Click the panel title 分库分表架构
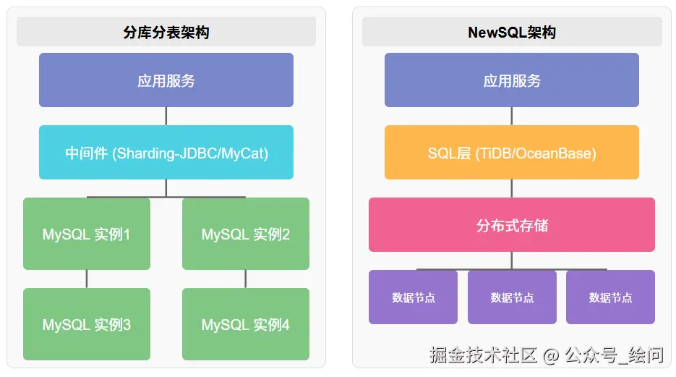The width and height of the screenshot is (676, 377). pyautogui.click(x=166, y=33)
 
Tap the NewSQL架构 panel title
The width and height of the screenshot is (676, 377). pyautogui.click(x=512, y=33)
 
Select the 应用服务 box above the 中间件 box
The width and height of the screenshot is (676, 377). pyautogui.click(x=166, y=80)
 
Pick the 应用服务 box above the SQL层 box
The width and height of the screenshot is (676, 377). pyautogui.click(x=512, y=80)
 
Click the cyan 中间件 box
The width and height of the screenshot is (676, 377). pyautogui.click(x=166, y=153)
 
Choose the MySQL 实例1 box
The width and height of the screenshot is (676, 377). pyautogui.click(x=86, y=234)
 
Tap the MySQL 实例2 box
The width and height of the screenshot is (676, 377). pyautogui.click(x=245, y=234)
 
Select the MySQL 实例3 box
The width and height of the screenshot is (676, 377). pyautogui.click(x=86, y=325)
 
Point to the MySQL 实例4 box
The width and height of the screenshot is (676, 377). pyautogui.click(x=245, y=325)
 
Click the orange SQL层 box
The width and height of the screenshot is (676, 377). pyautogui.click(x=512, y=153)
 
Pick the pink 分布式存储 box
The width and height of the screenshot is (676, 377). pyautogui.click(x=512, y=225)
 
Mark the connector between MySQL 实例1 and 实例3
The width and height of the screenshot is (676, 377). pyautogui.click(x=87, y=279)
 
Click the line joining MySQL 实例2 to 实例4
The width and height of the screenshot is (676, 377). pyautogui.click(x=246, y=279)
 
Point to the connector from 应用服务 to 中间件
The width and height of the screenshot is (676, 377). pyautogui.click(x=166, y=116)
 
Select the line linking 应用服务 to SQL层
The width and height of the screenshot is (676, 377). pyautogui.click(x=512, y=116)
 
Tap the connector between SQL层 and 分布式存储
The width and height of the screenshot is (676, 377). pyautogui.click(x=512, y=188)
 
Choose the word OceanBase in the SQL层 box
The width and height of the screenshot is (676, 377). pyautogui.click(x=557, y=153)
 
